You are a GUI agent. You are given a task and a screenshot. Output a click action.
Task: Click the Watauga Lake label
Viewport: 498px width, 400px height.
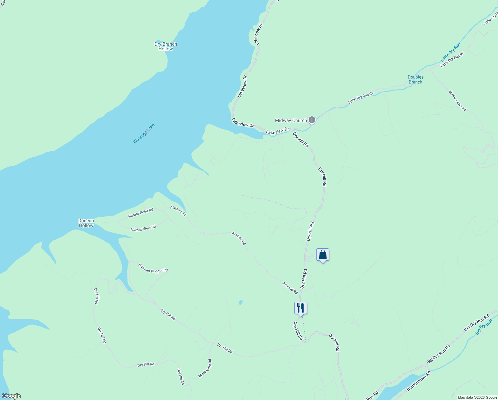pos(144,134)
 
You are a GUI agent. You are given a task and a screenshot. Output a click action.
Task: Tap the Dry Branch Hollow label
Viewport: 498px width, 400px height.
pos(166,46)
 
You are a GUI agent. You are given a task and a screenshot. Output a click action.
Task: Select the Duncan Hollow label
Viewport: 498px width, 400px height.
pos(86,223)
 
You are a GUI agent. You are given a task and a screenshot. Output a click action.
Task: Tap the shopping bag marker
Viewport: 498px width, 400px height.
pos(323,255)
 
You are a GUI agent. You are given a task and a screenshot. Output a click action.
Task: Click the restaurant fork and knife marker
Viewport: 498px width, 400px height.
pos(301,308)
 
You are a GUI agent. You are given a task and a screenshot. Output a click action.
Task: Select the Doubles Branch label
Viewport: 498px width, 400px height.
pos(415,80)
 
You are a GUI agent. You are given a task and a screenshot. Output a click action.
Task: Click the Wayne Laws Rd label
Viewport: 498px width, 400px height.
pos(457,101)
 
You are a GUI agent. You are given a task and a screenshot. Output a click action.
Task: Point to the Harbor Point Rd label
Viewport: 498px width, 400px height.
pos(141,213)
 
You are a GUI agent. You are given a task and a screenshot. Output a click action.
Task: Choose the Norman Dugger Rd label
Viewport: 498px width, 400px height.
pos(153,268)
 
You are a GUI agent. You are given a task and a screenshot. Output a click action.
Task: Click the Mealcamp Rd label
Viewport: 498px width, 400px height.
pos(205,368)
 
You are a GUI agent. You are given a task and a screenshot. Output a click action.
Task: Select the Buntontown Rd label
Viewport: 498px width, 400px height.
pos(418,381)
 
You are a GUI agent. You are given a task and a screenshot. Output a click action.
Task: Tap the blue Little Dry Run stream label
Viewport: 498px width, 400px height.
pos(451,52)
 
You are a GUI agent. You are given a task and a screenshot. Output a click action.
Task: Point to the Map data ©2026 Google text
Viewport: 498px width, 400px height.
pos(477,397)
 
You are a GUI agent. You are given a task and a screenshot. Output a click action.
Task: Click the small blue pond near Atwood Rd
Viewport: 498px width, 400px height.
pos(240,303)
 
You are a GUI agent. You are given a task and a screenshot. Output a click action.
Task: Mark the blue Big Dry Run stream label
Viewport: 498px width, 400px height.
pos(484,327)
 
